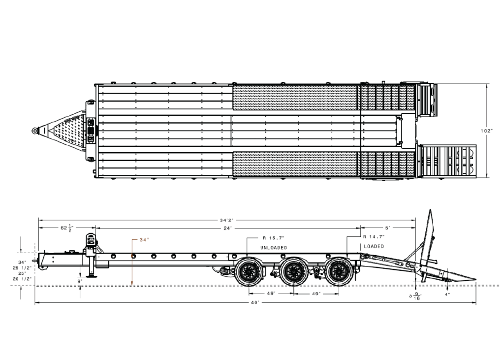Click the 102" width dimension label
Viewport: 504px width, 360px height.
[x=487, y=131]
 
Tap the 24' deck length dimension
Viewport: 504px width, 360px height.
[x=227, y=229]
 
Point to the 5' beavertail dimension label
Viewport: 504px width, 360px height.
[x=388, y=229]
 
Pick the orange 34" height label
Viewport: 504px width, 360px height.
[x=144, y=240]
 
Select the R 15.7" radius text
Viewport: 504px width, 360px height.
[x=274, y=237]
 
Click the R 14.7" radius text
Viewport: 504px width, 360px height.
[x=374, y=237]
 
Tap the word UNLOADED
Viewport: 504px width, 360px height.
[x=274, y=247]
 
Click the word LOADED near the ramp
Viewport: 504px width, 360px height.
[x=374, y=246]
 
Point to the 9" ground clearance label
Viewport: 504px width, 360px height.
[x=80, y=281]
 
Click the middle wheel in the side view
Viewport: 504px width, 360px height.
[x=293, y=272]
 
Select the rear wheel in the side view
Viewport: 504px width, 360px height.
[x=339, y=272]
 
